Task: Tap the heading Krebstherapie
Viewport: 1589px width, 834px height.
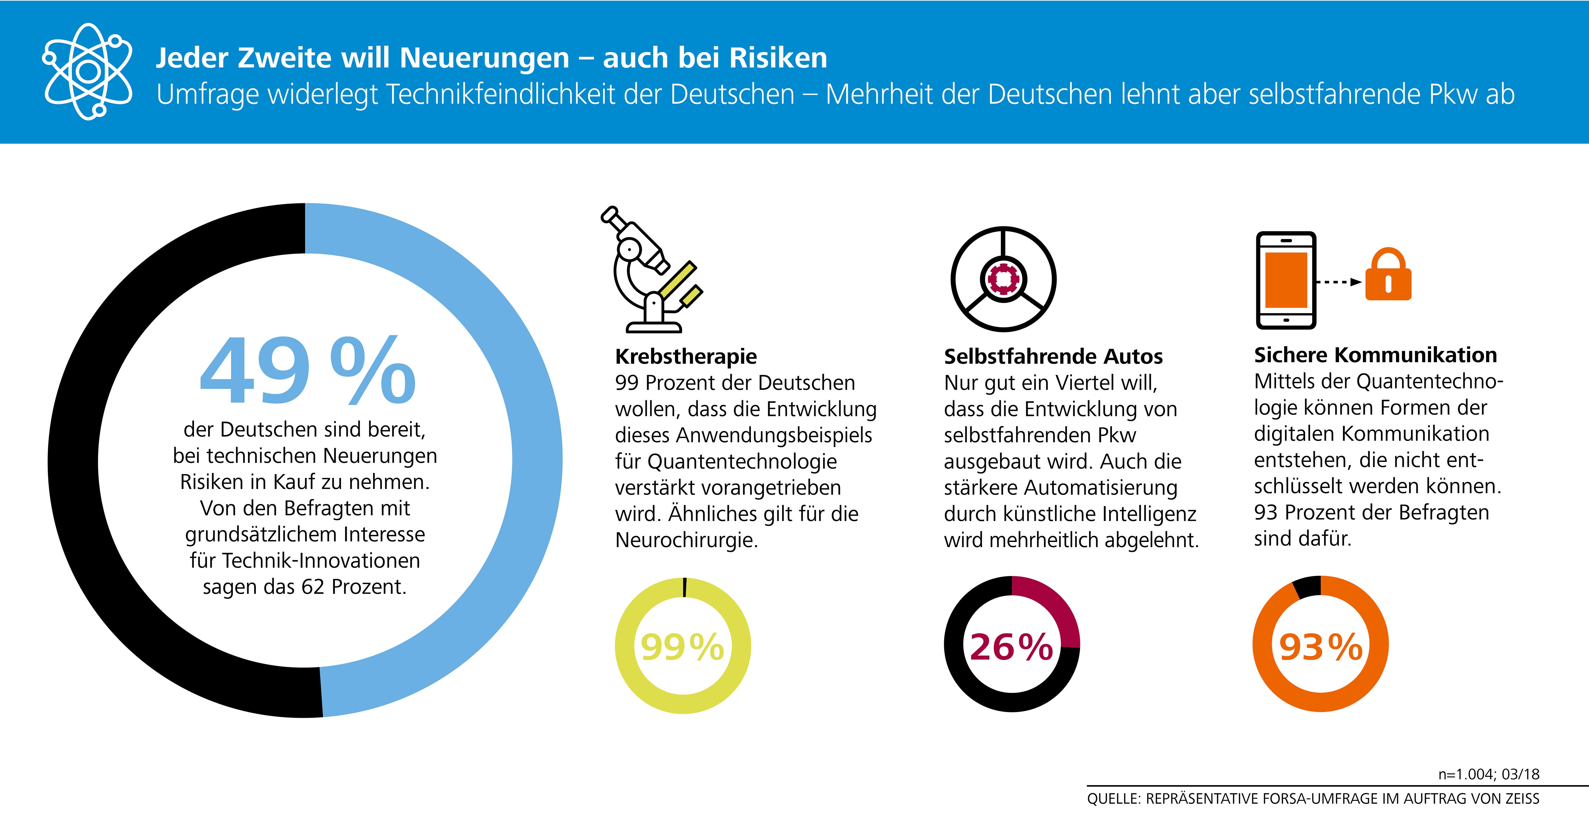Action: click(686, 356)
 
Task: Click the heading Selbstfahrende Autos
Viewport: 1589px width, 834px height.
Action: click(1053, 356)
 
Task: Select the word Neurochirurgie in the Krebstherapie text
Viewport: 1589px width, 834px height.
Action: click(686, 540)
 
